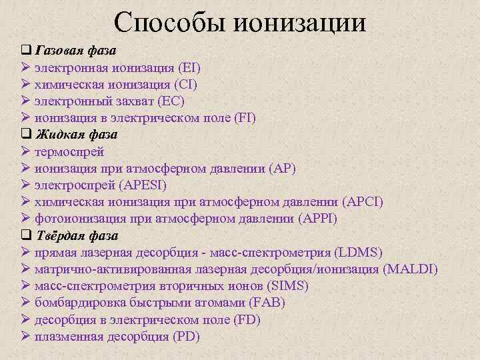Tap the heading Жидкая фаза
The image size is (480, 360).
(76, 135)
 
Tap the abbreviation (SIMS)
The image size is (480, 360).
(288, 286)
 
